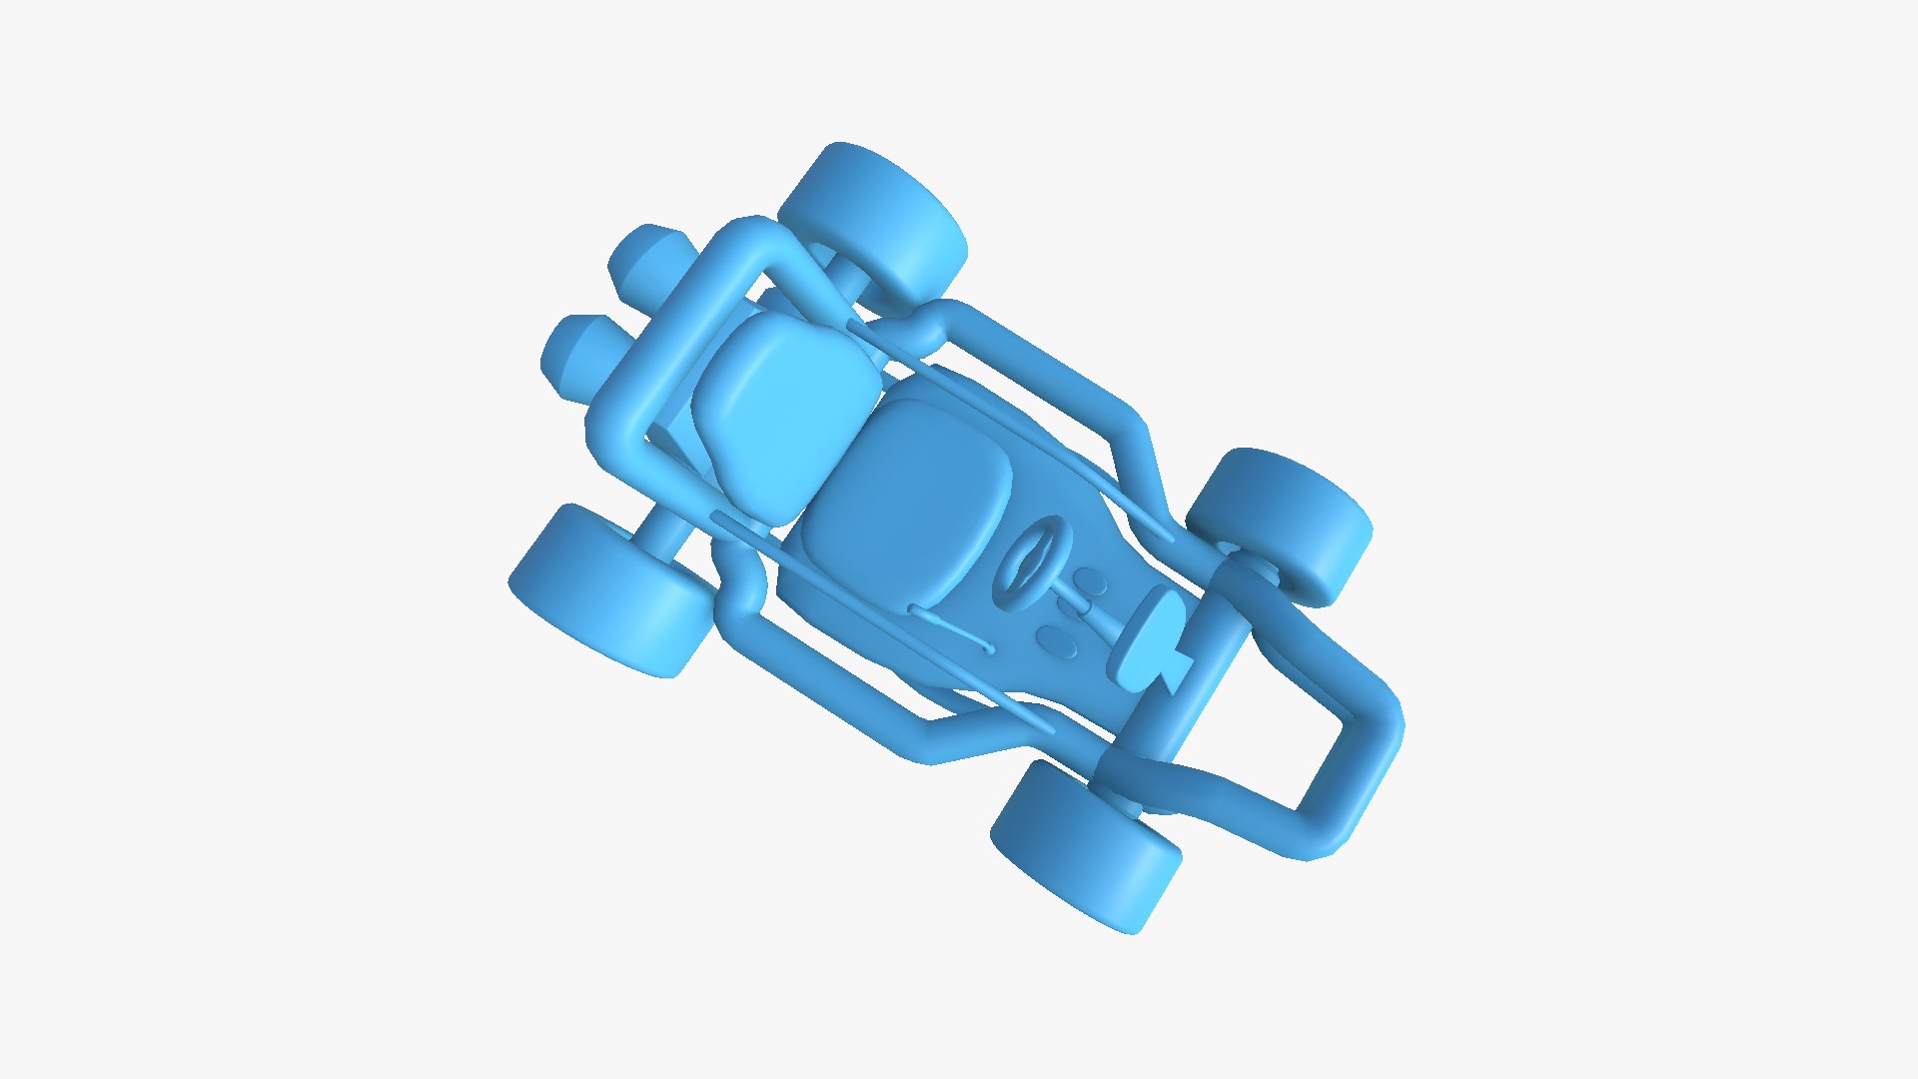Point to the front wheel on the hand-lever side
[1084, 844]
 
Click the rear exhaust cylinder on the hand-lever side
[579, 355]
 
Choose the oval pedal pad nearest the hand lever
[1057, 639]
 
